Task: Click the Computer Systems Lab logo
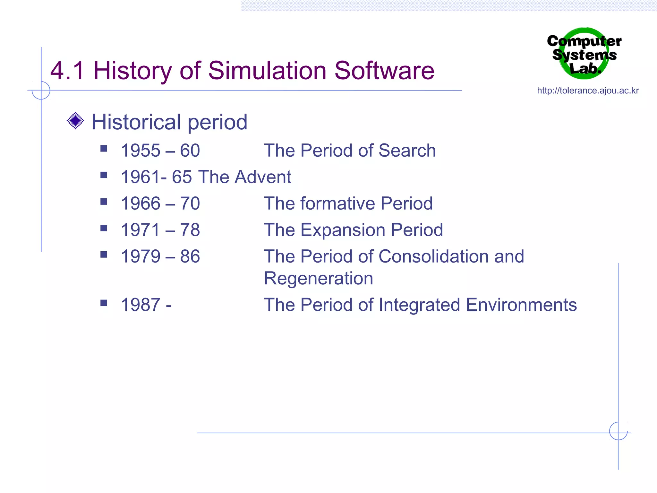click(584, 54)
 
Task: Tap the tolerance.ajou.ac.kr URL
click(588, 91)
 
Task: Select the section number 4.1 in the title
click(67, 71)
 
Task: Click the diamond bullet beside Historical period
click(75, 121)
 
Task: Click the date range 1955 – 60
click(160, 151)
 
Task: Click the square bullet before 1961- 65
click(104, 175)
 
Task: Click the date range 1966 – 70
click(160, 203)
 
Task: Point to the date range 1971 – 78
click(160, 230)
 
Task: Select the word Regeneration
click(319, 278)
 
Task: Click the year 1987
click(141, 305)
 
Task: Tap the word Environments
click(521, 305)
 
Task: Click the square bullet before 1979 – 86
click(104, 255)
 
